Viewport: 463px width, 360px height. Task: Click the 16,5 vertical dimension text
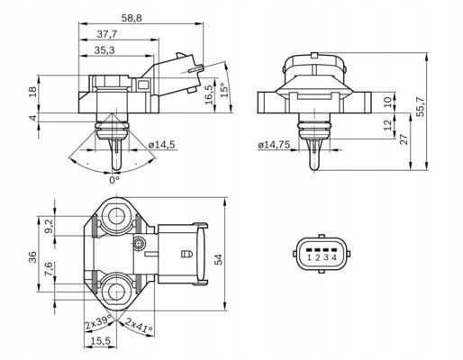click(209, 93)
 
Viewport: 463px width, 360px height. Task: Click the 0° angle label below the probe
click(114, 180)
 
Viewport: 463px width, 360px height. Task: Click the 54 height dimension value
click(241, 259)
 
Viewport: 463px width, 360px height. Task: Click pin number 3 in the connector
click(325, 258)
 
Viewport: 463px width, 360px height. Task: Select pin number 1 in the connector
click(308, 258)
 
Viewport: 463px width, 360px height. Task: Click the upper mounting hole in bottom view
click(116, 215)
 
